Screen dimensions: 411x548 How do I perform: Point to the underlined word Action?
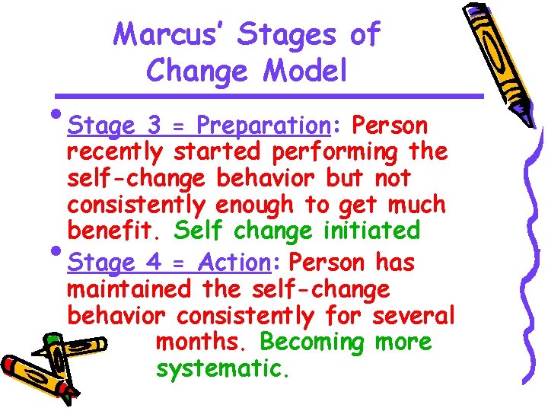(x=234, y=263)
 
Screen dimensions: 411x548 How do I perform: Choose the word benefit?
(x=115, y=230)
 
